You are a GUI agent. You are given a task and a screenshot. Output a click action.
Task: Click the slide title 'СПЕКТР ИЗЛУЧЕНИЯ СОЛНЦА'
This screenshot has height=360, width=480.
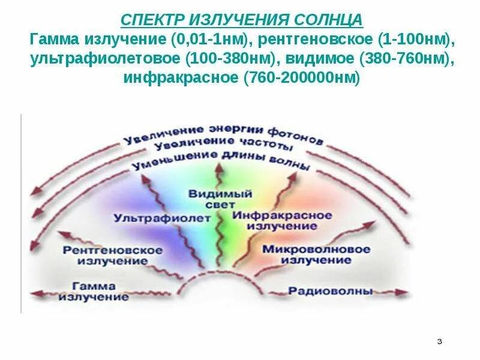click(242, 20)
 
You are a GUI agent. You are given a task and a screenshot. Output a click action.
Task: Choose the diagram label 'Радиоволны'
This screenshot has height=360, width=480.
click(331, 291)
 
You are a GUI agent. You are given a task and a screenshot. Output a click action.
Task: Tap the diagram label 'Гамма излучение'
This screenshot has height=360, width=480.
click(94, 291)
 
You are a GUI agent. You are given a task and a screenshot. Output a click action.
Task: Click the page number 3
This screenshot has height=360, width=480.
click(439, 341)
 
